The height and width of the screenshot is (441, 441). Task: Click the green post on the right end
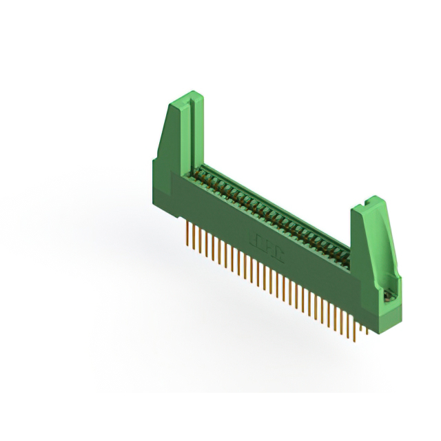(373, 248)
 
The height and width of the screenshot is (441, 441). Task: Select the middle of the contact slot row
(276, 211)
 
